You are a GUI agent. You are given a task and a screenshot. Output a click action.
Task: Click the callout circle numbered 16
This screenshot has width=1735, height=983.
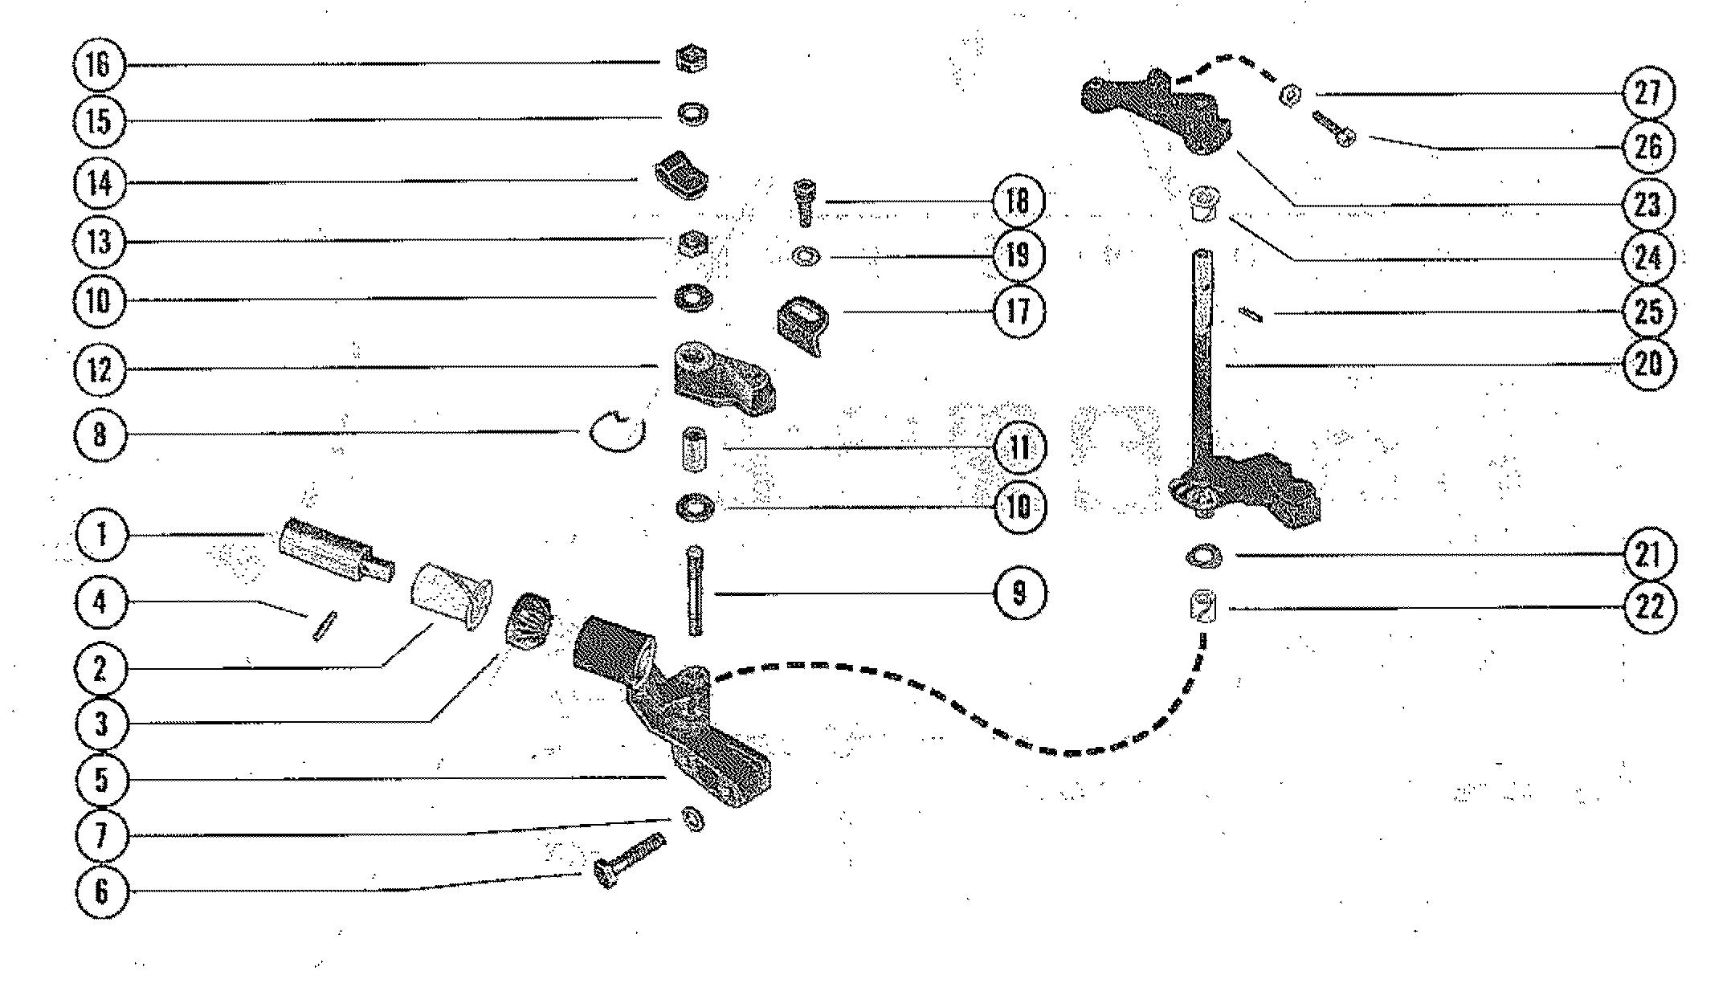pyautogui.click(x=99, y=64)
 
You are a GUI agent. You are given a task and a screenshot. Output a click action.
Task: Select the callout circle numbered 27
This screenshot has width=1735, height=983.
pyautogui.click(x=1648, y=93)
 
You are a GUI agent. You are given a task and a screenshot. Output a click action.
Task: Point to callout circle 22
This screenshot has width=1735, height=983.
pyautogui.click(x=1648, y=608)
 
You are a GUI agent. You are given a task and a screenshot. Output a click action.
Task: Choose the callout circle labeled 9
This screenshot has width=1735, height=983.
pyautogui.click(x=1019, y=593)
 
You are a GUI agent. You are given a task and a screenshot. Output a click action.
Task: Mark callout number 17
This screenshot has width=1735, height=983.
pyautogui.click(x=1018, y=311)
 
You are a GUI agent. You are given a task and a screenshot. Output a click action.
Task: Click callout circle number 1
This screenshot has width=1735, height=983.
pyautogui.click(x=101, y=535)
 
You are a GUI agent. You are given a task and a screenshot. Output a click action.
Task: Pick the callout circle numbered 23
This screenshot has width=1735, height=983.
pyautogui.click(x=1647, y=203)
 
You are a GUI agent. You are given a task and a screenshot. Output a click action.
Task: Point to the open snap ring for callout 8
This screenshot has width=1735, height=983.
pyautogui.click(x=617, y=430)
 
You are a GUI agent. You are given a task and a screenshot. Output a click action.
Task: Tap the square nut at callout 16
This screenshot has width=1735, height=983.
pyautogui.click(x=692, y=59)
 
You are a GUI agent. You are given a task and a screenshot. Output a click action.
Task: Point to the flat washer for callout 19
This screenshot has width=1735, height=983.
pyautogui.click(x=803, y=257)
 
